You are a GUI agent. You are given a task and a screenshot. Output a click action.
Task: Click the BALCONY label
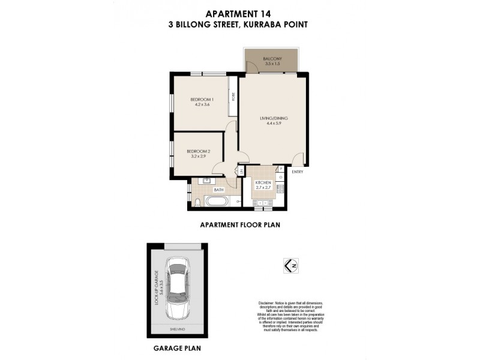click(272, 58)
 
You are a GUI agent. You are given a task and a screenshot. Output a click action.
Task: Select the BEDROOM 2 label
click(198, 151)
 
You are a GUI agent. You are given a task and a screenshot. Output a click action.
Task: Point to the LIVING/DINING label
click(274, 118)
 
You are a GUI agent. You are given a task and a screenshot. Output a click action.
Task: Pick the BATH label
click(218, 190)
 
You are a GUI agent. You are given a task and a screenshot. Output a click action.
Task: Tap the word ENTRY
click(297, 172)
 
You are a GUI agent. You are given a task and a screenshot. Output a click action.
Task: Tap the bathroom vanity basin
click(206, 181)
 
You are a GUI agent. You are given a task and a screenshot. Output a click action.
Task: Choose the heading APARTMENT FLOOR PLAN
click(240, 226)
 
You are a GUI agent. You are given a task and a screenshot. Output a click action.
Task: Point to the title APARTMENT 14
click(240, 13)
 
